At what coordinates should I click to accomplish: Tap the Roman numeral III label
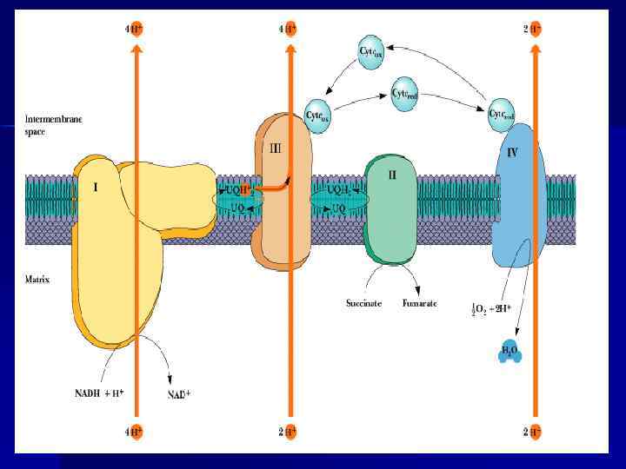tap(275, 149)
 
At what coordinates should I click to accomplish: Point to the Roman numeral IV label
tap(513, 152)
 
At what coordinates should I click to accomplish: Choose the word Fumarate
tap(419, 304)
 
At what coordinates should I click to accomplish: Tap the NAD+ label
tap(178, 395)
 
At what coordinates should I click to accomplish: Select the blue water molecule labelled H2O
tap(509, 352)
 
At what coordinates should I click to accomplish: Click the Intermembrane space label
tap(53, 126)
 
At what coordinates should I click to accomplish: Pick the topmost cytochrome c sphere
tap(372, 51)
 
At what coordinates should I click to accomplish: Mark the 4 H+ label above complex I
tap(134, 29)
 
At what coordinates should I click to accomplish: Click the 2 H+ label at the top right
tap(534, 29)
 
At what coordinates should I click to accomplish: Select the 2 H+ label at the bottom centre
tap(288, 432)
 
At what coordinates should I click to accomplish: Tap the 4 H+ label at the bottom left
tap(134, 432)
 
